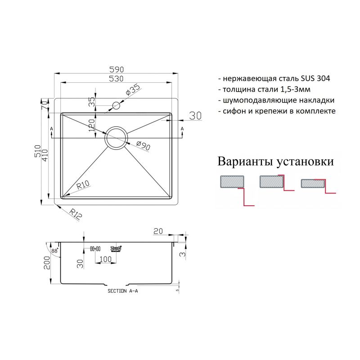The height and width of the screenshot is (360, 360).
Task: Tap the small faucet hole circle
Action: click(x=116, y=106)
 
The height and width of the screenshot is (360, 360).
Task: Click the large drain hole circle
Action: click(x=117, y=137)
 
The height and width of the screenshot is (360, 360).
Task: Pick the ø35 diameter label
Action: click(x=134, y=90)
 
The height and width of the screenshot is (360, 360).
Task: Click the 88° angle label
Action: click(x=54, y=251)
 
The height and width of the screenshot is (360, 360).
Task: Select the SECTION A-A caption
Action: click(x=122, y=291)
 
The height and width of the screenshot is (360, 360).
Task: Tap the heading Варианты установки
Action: click(x=275, y=161)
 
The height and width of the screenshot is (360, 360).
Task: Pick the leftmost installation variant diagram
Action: click(x=236, y=189)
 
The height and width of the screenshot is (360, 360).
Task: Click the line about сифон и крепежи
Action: click(x=276, y=110)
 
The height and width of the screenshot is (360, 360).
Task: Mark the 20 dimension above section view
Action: click(x=157, y=231)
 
